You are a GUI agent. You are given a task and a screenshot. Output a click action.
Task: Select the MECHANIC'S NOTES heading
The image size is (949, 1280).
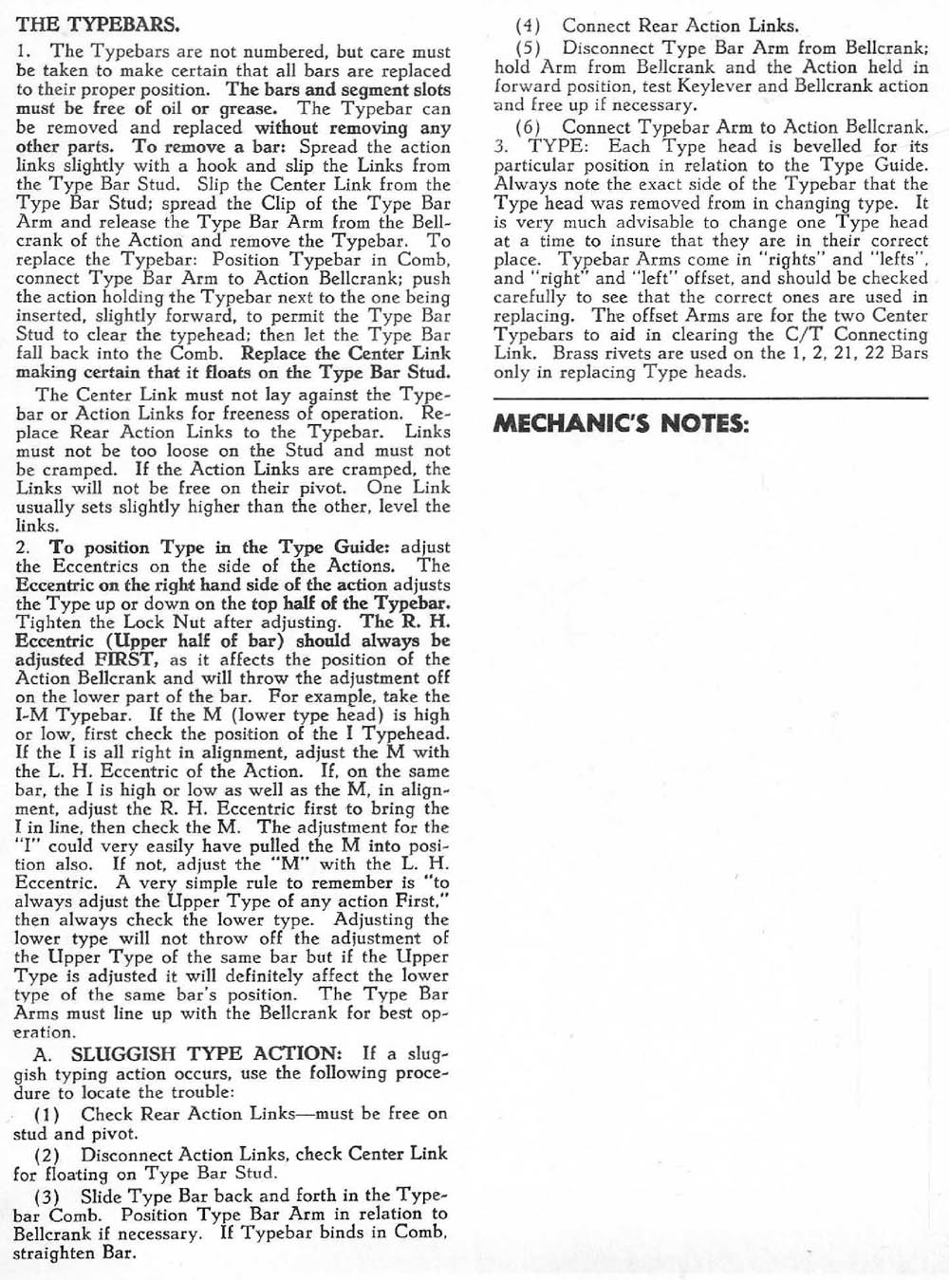(x=621, y=424)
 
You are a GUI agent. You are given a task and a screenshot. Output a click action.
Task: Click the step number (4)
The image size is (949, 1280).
(x=528, y=27)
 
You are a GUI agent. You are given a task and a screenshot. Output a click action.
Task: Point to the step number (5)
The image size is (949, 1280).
(x=528, y=47)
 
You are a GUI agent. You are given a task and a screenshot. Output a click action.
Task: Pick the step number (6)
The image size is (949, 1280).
(x=528, y=127)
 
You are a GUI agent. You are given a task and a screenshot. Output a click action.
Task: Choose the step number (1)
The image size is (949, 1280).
(x=47, y=1114)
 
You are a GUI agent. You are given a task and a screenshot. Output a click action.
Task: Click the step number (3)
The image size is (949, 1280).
(x=47, y=1197)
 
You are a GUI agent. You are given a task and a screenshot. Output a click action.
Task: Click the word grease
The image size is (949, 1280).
(x=248, y=109)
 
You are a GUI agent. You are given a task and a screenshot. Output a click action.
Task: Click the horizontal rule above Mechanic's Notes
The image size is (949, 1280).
(x=710, y=397)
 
